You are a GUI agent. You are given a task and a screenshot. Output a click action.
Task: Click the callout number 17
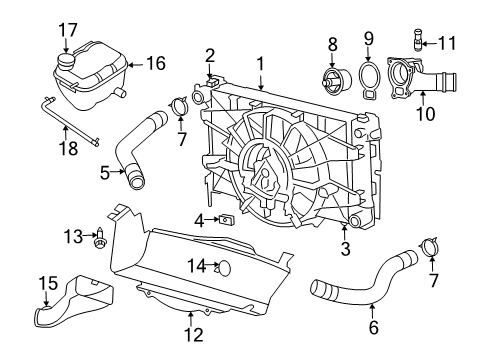(67, 29)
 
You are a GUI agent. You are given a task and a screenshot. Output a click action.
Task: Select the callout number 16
(155, 63)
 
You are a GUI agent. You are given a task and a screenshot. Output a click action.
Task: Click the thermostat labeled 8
(328, 80)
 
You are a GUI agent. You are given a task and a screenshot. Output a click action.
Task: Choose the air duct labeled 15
(70, 306)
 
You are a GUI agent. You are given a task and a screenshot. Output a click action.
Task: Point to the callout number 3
(345, 249)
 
